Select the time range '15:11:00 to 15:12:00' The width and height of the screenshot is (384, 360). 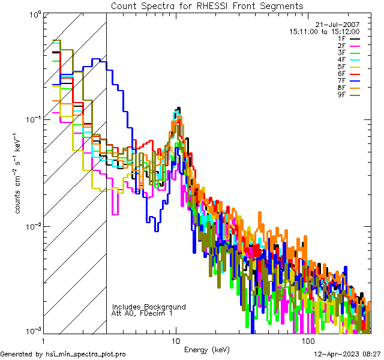click(x=325, y=31)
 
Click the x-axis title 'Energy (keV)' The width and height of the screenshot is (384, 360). click(x=206, y=349)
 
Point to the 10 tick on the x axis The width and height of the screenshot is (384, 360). click(x=176, y=340)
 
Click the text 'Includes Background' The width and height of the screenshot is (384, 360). click(x=149, y=307)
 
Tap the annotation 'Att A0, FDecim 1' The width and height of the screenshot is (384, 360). click(x=142, y=313)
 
